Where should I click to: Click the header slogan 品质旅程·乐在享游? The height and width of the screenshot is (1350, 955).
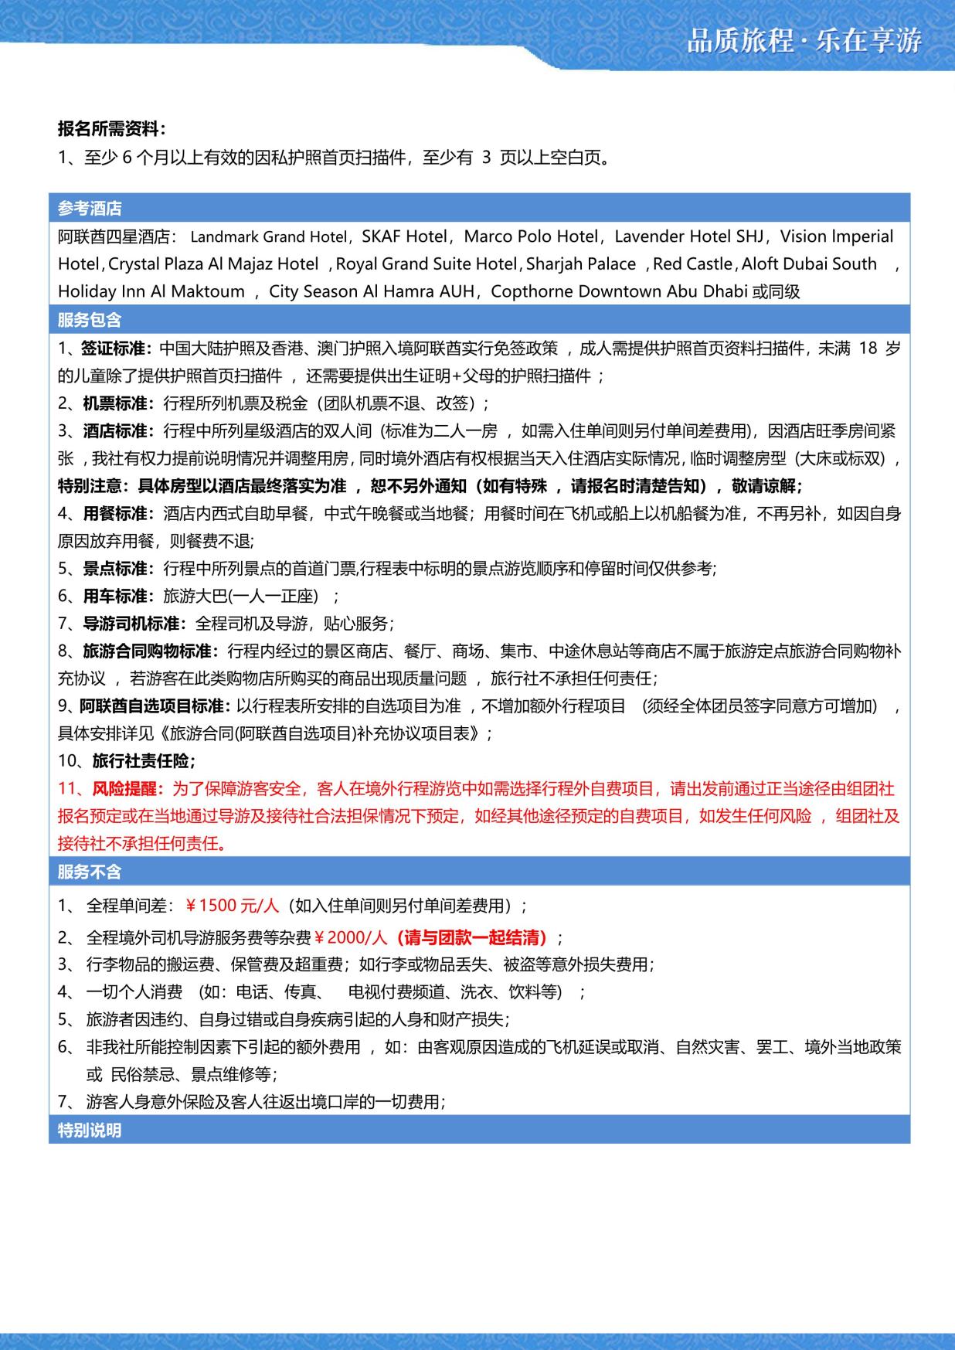[x=804, y=41]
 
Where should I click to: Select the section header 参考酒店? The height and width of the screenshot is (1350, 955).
[x=90, y=209]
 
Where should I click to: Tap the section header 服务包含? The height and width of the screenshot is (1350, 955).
[x=90, y=320]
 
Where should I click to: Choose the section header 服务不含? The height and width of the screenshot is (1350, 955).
[x=90, y=872]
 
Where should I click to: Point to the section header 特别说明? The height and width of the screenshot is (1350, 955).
[x=90, y=1131]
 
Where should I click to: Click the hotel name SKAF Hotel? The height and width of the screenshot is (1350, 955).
[x=404, y=236]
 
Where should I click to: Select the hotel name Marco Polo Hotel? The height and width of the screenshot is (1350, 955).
[x=531, y=236]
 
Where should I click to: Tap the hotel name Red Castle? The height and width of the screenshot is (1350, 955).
[x=692, y=264]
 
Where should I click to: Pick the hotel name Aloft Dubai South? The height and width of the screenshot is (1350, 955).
[x=809, y=264]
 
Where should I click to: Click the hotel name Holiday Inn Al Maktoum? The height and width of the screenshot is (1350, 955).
[x=151, y=292]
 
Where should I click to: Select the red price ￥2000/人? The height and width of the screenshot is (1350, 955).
[x=349, y=938]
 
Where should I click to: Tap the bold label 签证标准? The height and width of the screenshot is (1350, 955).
[x=116, y=349]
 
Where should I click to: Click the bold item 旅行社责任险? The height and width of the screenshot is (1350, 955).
[x=143, y=761]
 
